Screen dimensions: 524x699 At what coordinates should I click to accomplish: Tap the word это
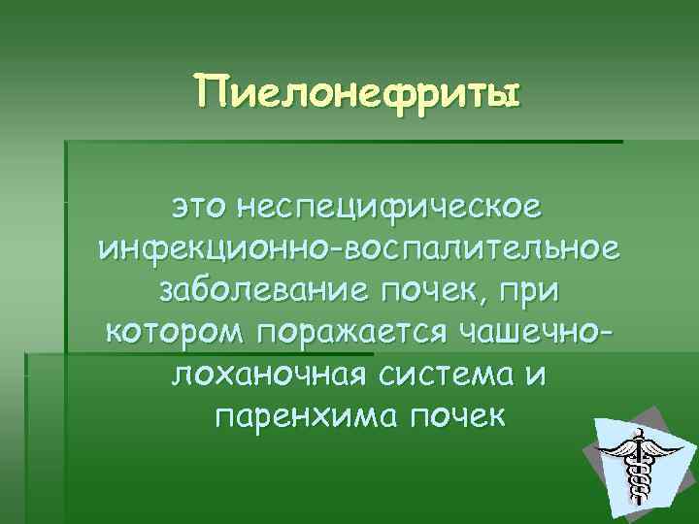click(202, 207)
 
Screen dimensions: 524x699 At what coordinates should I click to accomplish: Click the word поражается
click(349, 333)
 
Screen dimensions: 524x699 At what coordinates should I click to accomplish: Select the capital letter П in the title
click(209, 95)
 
